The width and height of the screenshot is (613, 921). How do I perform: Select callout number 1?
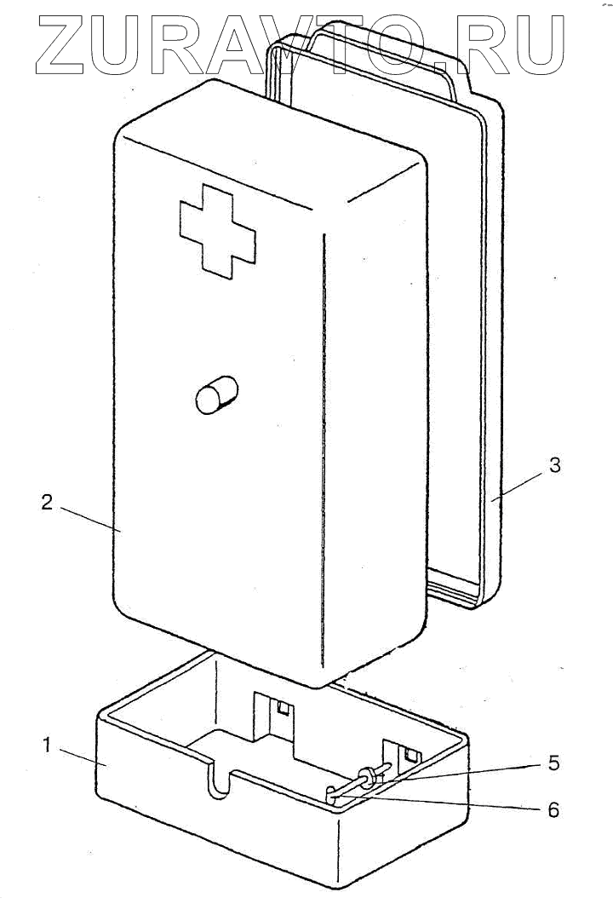click(48, 745)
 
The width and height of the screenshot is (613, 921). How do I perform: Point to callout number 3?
click(554, 465)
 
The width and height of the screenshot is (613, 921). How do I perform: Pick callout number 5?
click(553, 763)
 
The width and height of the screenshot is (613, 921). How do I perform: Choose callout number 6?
click(553, 809)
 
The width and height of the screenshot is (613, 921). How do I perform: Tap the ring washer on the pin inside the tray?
click(368, 776)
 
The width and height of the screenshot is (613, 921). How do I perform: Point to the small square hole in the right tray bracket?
click(411, 754)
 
